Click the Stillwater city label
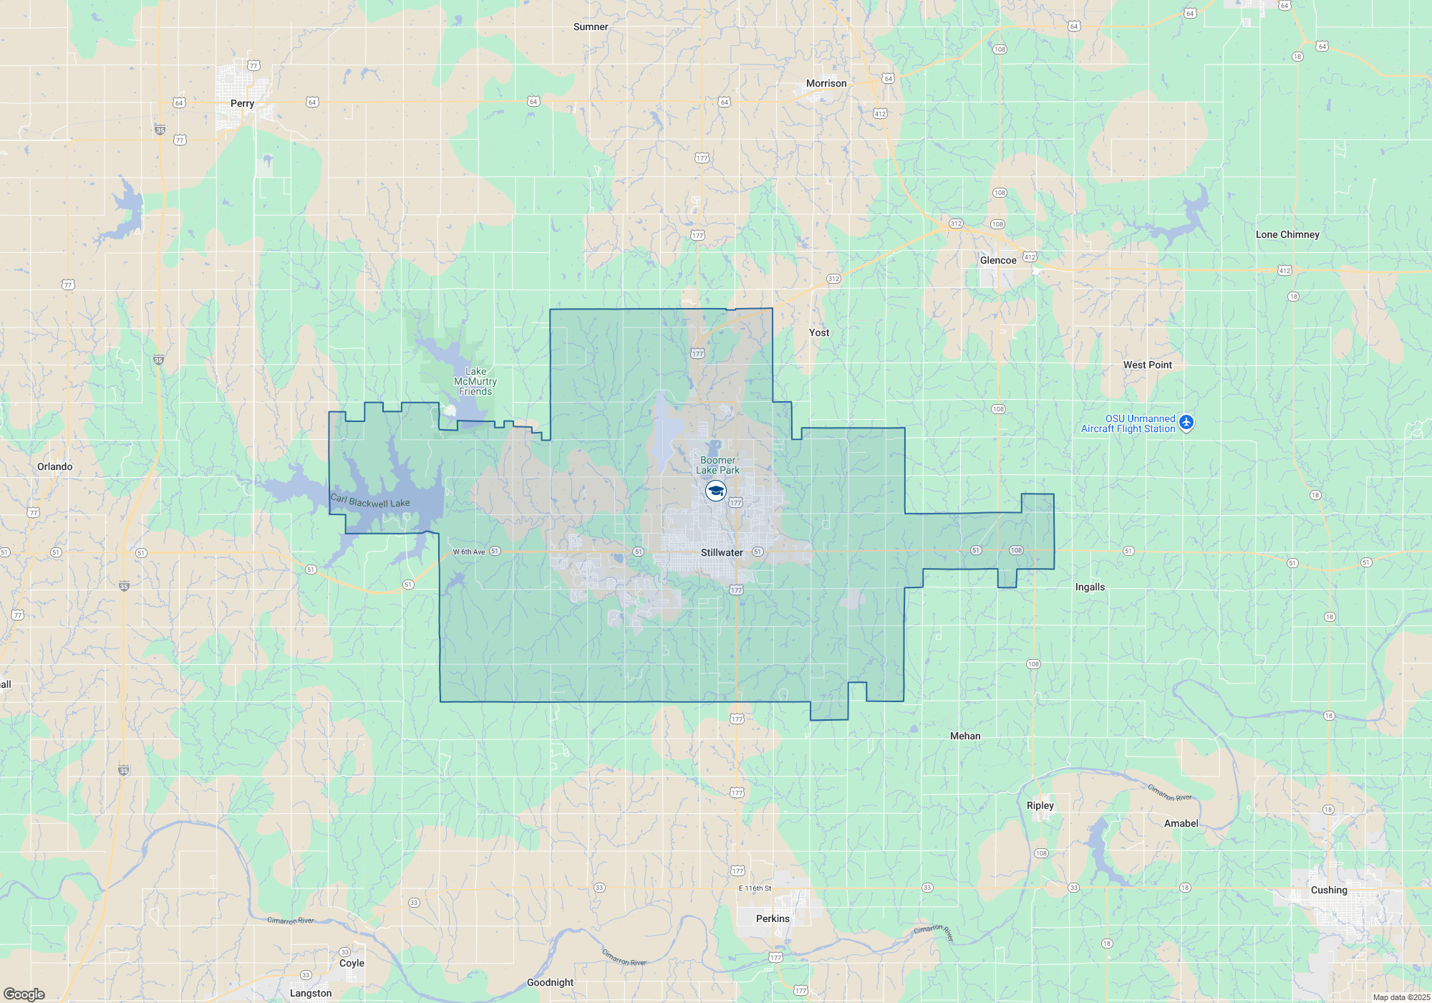tap(722, 552)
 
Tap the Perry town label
tap(242, 103)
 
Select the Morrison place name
tap(826, 83)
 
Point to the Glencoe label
tap(998, 260)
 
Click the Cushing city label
tap(1329, 890)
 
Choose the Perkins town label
tap(773, 918)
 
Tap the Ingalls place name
tap(1090, 587)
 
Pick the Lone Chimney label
tap(1287, 234)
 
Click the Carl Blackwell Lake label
tap(370, 501)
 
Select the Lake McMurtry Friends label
tap(475, 381)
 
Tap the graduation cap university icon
tap(716, 491)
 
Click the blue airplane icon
tap(1186, 423)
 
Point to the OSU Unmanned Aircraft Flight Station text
tap(1128, 423)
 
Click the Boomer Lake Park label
tap(717, 465)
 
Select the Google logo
tap(24, 994)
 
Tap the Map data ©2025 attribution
tap(1401, 997)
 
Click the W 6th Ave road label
tap(469, 552)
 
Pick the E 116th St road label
tap(755, 888)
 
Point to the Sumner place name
tap(591, 27)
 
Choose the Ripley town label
tap(1040, 805)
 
